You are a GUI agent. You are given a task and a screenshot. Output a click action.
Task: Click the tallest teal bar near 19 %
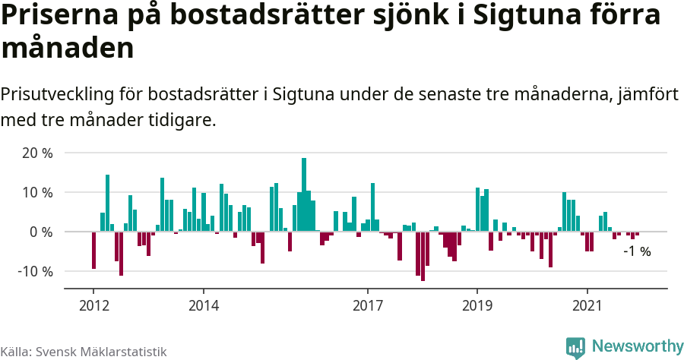pyautogui.click(x=304, y=194)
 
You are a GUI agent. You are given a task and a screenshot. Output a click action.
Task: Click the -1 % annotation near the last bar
pyautogui.click(x=637, y=251)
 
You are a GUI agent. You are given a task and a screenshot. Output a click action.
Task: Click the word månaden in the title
pyautogui.click(x=68, y=49)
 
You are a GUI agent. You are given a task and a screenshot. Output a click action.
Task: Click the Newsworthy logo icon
pyautogui.click(x=575, y=347)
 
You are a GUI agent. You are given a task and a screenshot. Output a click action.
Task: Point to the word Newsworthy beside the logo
pyautogui.click(x=637, y=346)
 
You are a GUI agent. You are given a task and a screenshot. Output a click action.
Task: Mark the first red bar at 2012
pyautogui.click(x=93, y=250)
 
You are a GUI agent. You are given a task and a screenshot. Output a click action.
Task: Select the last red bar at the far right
pyautogui.click(x=637, y=233)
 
